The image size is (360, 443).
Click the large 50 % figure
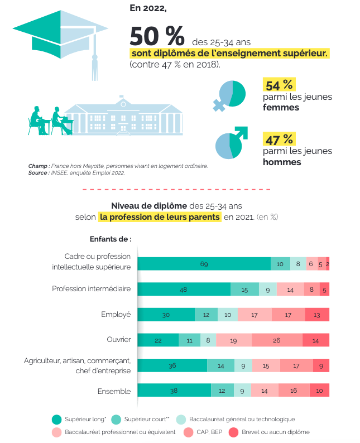click(x=157, y=37)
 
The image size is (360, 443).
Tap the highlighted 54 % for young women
click(x=279, y=85)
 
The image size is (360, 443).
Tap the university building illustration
click(x=123, y=116)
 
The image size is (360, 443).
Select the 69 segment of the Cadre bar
click(x=204, y=264)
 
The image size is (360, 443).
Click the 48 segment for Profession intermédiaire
click(x=184, y=289)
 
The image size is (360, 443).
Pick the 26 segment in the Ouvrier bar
click(x=277, y=340)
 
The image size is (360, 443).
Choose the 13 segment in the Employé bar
click(x=317, y=315)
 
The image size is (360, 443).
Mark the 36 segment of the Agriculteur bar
click(x=172, y=365)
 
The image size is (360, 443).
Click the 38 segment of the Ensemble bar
click(x=174, y=391)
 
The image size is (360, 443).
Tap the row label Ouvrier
click(x=118, y=339)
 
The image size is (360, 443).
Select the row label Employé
click(x=116, y=314)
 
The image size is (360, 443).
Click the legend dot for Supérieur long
click(x=56, y=419)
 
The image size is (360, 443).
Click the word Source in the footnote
click(x=38, y=173)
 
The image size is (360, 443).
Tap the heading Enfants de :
click(x=110, y=239)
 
